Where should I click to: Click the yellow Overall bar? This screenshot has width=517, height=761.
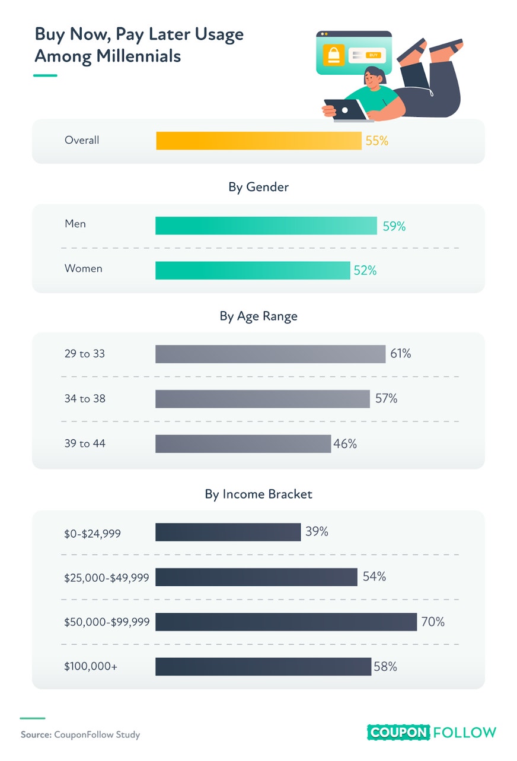[259, 141]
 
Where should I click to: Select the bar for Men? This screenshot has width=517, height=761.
[266, 226]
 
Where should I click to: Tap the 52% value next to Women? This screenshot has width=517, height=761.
[365, 271]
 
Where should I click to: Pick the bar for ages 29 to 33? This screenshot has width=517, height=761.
[270, 354]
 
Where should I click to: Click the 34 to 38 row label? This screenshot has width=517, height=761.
[85, 398]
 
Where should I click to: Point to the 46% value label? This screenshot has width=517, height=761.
[345, 443]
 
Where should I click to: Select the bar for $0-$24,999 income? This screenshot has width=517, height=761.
[228, 532]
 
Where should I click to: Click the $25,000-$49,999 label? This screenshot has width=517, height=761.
[107, 578]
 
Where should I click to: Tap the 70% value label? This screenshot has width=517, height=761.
[433, 622]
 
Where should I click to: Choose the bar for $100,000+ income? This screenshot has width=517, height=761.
[264, 667]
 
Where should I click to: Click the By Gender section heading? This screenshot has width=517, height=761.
[258, 187]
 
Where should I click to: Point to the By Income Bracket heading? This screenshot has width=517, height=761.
[258, 494]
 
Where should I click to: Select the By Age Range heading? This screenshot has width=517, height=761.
[258, 316]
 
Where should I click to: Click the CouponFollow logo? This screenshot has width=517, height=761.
[432, 733]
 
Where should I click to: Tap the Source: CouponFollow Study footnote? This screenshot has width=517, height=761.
[81, 734]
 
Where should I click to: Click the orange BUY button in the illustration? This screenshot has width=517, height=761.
[373, 55]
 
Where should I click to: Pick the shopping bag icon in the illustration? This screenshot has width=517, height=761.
[334, 55]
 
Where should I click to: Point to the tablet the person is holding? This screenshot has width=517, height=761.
[346, 109]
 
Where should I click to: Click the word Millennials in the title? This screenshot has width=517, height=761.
[138, 56]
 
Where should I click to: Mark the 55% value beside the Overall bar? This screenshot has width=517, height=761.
[377, 141]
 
